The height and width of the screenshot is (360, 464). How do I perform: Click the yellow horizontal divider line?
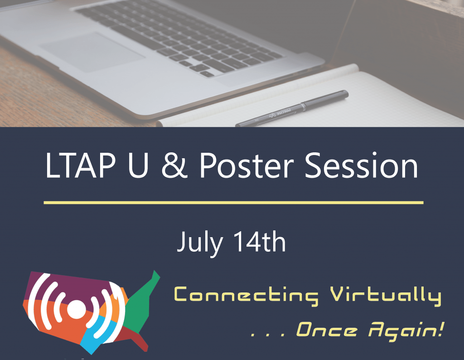233,203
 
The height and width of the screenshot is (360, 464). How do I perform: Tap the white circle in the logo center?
76,311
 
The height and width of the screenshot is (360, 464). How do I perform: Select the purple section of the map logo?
68,286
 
